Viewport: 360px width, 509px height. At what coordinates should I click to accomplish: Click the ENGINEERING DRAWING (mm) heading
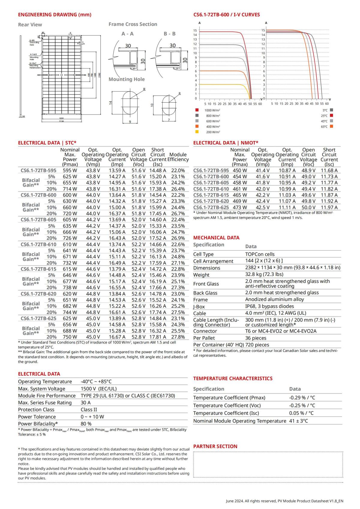click(55, 15)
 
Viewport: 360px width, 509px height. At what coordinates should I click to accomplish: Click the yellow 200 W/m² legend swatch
click(197, 132)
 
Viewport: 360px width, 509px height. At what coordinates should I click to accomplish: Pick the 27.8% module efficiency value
click(178, 337)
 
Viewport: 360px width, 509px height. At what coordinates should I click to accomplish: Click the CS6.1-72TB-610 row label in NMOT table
click(211, 189)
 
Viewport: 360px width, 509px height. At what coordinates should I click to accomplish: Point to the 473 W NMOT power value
click(240, 208)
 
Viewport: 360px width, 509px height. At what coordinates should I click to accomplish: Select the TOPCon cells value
click(260, 254)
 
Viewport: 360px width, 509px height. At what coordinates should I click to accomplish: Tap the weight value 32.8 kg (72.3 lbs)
click(264, 274)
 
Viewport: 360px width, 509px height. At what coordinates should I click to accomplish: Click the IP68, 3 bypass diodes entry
click(269, 306)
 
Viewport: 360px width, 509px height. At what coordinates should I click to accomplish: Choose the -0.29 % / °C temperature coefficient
click(302, 398)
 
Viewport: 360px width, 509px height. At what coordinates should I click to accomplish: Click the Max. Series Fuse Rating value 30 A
click(85, 403)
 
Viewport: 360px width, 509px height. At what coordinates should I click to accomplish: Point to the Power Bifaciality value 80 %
click(86, 424)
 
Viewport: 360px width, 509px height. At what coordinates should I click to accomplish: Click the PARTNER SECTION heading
click(215, 446)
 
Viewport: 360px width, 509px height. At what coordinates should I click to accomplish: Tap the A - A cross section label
click(127, 34)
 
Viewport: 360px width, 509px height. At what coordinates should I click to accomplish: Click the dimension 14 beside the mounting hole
click(110, 103)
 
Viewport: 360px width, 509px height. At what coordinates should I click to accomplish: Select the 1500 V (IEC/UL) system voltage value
click(99, 389)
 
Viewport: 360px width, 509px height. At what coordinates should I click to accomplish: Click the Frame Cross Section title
click(133, 24)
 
